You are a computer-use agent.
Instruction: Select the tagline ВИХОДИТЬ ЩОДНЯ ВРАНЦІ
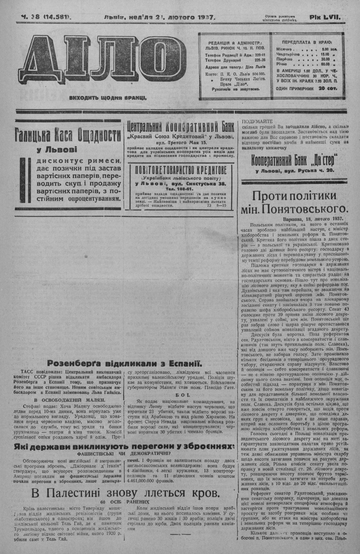(108, 97)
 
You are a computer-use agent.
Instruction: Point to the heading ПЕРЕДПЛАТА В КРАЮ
(307, 42)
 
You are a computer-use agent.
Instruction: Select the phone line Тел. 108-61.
(180, 189)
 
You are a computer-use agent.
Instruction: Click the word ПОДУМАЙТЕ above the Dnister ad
(257, 121)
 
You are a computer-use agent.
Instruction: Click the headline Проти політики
(295, 196)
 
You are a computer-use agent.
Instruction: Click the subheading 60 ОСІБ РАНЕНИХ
(125, 502)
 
